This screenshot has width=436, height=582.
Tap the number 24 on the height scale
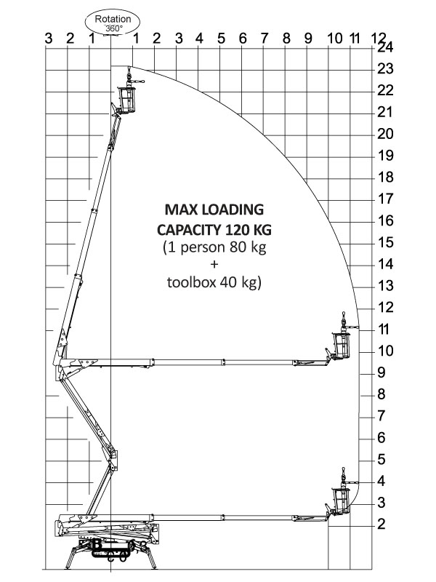tap(385, 47)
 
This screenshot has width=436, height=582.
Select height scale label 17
tap(385, 199)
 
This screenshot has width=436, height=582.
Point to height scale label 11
tap(385, 329)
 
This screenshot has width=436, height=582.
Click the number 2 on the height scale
tap(381, 525)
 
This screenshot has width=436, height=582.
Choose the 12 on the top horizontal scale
tap(378, 39)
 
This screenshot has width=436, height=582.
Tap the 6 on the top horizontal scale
tap(243, 39)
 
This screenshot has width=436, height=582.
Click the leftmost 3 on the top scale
tap(48, 39)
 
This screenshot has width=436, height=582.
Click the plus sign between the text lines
tap(214, 265)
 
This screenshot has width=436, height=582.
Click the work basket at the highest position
tap(127, 97)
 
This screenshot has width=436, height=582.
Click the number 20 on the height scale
tap(385, 134)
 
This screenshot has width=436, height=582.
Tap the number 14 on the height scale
tap(385, 264)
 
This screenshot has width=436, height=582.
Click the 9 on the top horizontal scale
tap(308, 39)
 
